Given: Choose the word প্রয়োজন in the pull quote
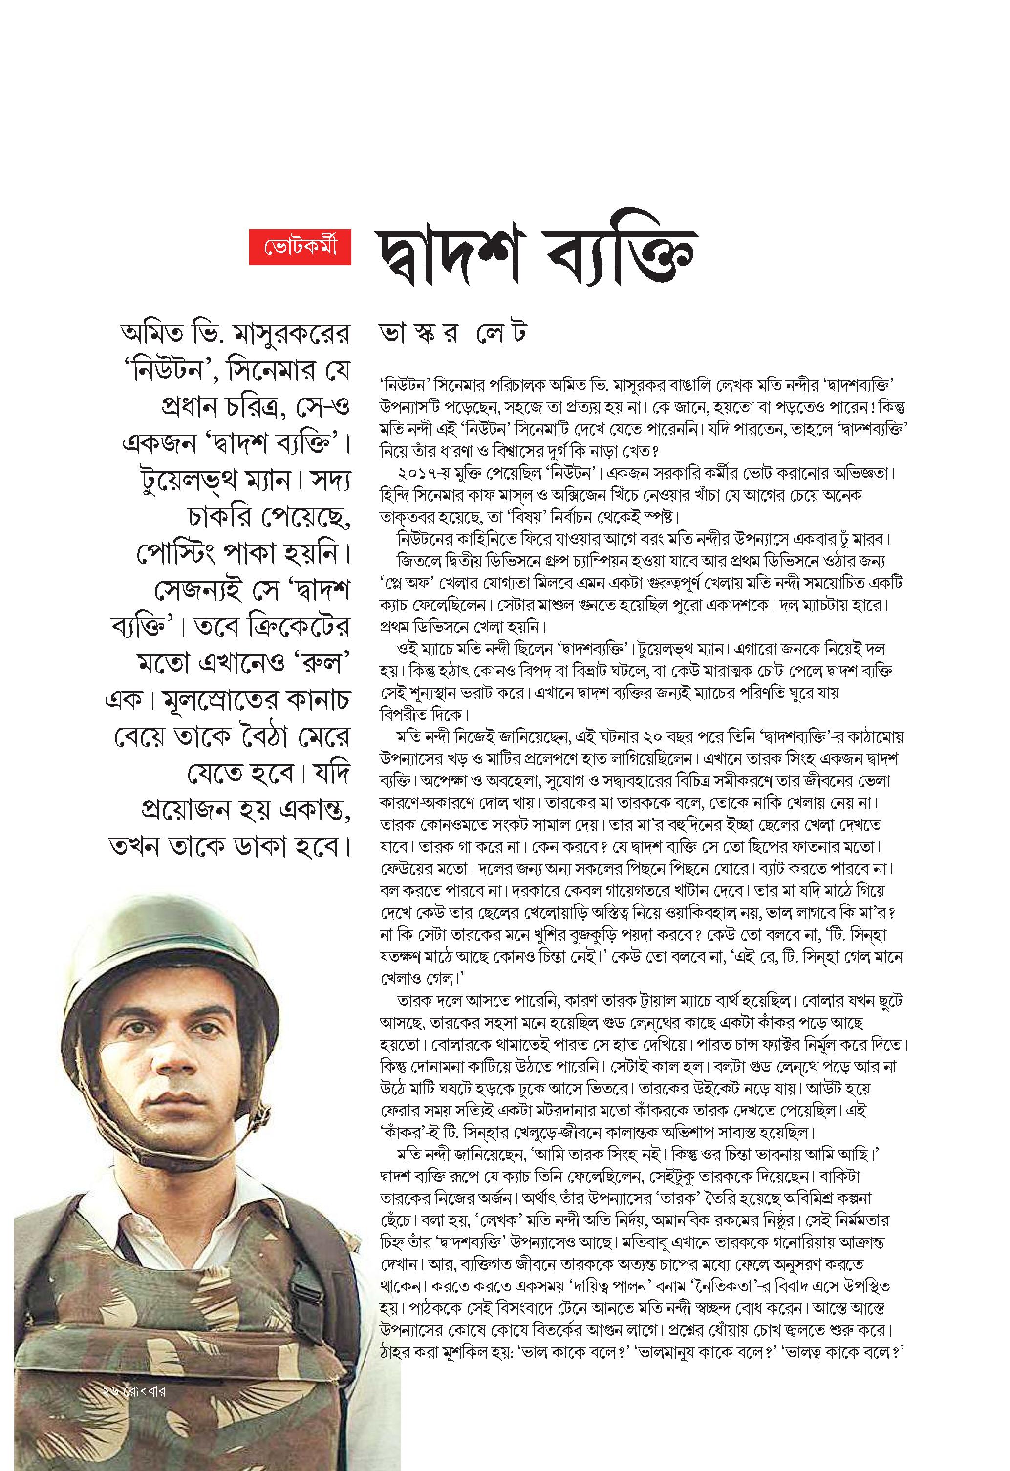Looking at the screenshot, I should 184,810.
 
